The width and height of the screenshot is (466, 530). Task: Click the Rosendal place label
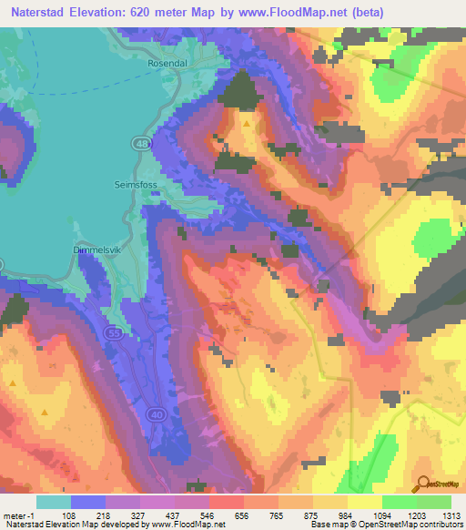pos(167,64)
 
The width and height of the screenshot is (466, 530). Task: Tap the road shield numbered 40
pos(157,415)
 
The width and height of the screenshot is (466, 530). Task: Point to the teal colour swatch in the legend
pos(54,502)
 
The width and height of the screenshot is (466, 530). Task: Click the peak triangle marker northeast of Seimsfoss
pos(246,122)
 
